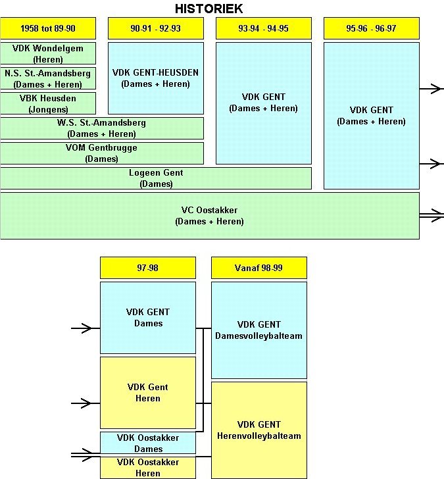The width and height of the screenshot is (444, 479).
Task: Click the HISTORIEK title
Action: [209, 9]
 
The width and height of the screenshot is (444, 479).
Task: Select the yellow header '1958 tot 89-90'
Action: [48, 28]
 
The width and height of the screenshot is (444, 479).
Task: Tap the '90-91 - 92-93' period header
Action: [155, 28]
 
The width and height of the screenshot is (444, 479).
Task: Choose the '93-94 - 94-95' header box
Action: [263, 28]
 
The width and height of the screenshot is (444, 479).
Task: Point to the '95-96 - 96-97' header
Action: [371, 28]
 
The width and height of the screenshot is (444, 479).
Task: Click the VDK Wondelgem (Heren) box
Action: [48, 53]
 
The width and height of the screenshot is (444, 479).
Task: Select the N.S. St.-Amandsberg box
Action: [48, 78]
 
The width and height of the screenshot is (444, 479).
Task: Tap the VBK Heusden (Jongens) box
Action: [48, 103]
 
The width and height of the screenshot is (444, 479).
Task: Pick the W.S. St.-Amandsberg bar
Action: [102, 128]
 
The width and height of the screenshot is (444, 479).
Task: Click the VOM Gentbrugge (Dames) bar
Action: [102, 153]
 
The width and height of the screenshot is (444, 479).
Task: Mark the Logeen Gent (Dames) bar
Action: [156, 178]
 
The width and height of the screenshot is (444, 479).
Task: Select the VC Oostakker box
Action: [209, 215]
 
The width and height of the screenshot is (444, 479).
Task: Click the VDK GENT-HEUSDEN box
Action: [155, 78]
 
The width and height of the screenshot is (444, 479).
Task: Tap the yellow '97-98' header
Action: [148, 268]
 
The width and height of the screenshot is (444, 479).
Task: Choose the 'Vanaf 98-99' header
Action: [259, 268]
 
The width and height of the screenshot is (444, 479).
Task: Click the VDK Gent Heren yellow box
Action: [148, 392]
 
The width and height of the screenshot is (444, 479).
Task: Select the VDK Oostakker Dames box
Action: [148, 442]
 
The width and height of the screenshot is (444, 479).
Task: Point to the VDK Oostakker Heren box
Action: [148, 467]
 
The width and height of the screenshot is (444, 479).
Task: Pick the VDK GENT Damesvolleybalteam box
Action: [259, 330]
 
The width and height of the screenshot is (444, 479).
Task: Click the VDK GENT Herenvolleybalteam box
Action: [259, 430]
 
